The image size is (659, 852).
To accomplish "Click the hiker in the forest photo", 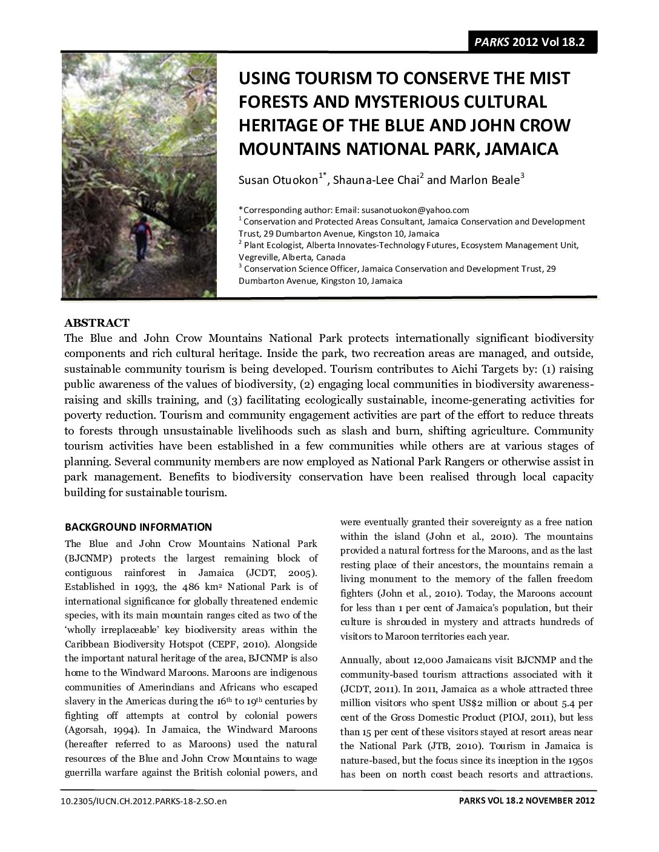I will tap(141, 239).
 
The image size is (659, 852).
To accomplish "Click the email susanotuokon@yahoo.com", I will tap(415, 210).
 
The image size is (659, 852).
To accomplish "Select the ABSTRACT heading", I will tap(97, 323).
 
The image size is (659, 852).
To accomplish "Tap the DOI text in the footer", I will tap(144, 801).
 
